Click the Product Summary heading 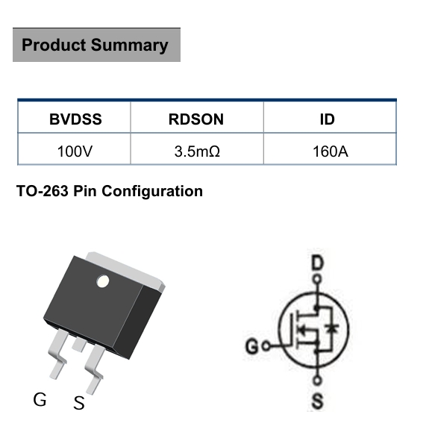click(95, 45)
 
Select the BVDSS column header click(75, 119)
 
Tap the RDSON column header click(196, 119)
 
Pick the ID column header click(327, 119)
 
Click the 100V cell click(75, 151)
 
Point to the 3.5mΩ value click(197, 151)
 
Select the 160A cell click(331, 151)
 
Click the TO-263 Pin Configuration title click(110, 191)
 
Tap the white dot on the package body click(102, 281)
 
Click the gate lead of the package click(58, 354)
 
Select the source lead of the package click(95, 369)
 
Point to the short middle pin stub click(79, 345)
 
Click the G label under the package click(40, 399)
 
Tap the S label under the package click(79, 403)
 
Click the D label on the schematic click(317, 263)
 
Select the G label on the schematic click(252, 345)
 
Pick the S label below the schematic click(318, 401)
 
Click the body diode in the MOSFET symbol click(332, 328)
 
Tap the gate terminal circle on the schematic click(266, 346)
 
